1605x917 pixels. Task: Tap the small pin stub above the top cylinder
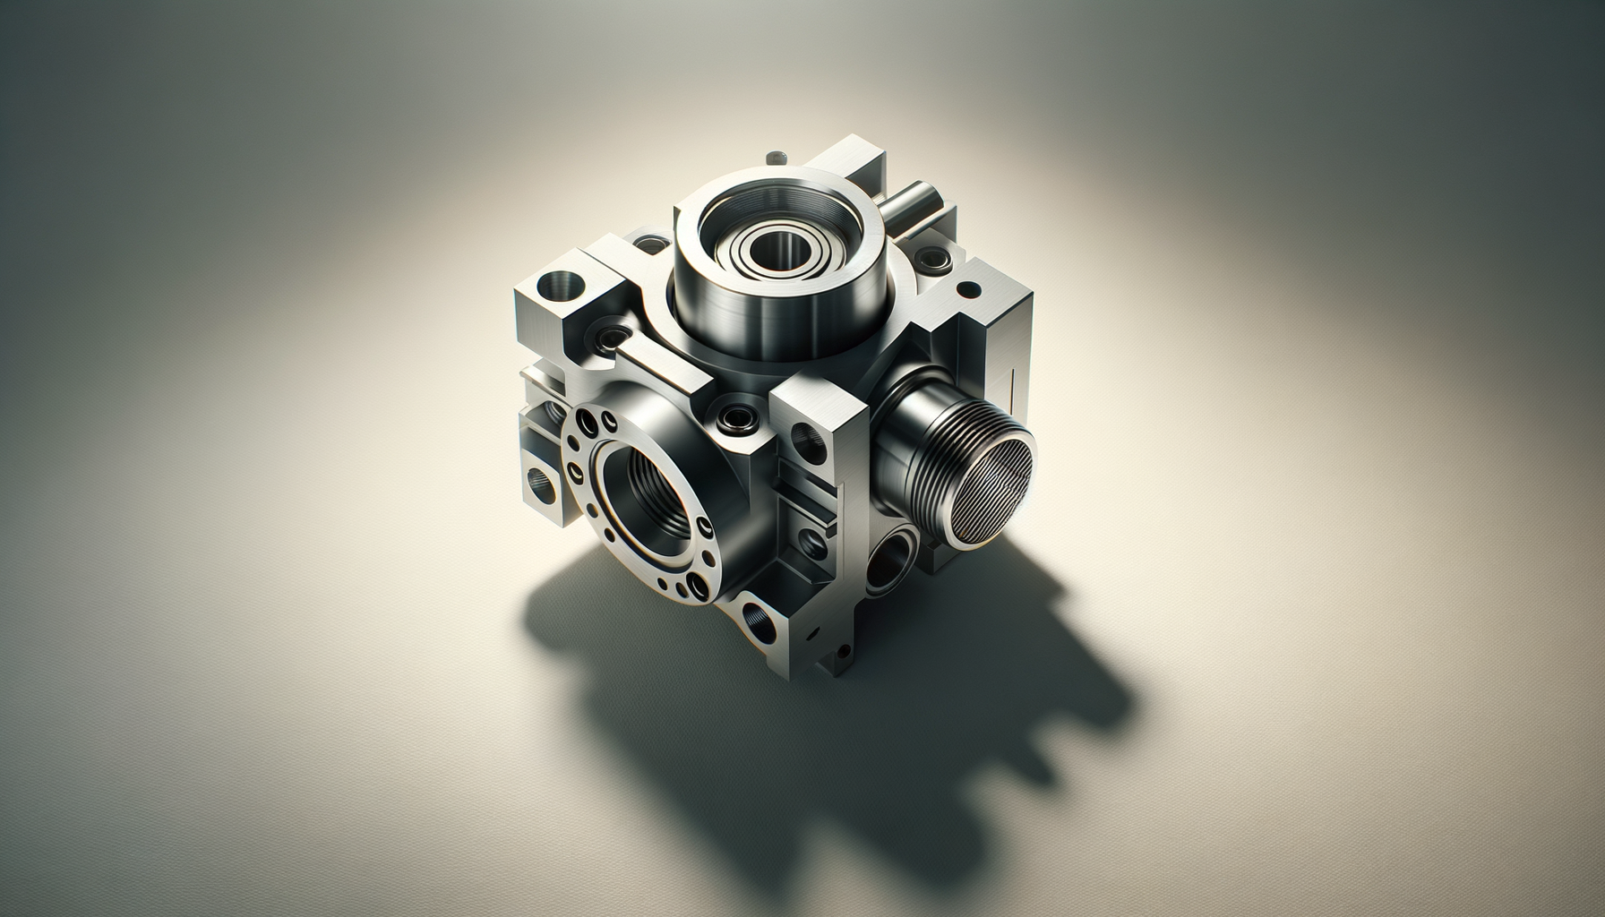(775, 159)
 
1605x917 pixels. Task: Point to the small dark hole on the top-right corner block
(968, 289)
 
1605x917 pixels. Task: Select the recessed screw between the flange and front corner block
(741, 417)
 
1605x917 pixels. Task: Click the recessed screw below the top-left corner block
(612, 339)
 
